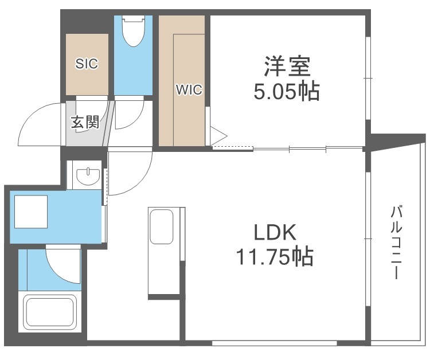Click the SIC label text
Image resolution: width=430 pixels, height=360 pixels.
pos(87,64)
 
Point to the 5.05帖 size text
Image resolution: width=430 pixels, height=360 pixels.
pos(287,92)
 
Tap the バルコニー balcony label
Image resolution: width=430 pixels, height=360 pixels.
pos(396,241)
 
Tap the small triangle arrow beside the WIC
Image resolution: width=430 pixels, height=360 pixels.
pos(219,136)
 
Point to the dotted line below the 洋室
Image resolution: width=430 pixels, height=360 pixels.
pos(232,149)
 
